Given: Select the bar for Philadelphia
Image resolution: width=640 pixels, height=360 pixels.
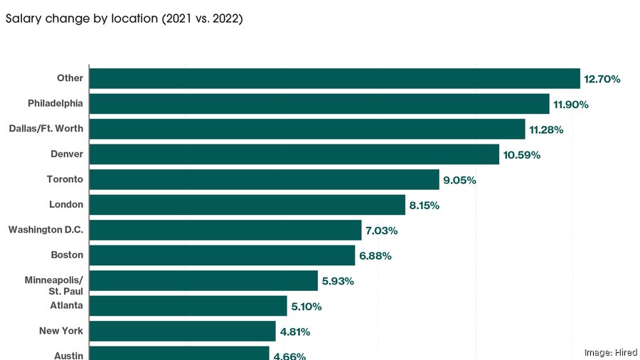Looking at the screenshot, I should coord(319,104).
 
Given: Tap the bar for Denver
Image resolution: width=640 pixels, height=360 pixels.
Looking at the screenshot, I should coord(294,154).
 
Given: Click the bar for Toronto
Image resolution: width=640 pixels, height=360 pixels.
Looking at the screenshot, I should coord(264,179).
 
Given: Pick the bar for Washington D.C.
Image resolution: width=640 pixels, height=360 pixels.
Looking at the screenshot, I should coord(225,230).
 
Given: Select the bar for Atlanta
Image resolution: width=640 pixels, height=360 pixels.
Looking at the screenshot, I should coord(188,306).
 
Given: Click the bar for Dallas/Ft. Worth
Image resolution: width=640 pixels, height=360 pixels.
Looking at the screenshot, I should coord(307,129).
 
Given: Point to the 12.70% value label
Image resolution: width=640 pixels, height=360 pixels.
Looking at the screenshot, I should coord(602,79).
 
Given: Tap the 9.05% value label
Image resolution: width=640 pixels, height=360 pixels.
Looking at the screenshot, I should coord(459,181).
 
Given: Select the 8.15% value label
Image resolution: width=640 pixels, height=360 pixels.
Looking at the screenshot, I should coord(425,206).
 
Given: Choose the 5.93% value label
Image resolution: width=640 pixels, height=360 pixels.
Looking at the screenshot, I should coord(338,281).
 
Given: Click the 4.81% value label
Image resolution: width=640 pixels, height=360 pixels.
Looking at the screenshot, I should coord(295,332).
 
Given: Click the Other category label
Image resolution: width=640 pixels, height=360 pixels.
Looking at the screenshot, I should coord(70,78).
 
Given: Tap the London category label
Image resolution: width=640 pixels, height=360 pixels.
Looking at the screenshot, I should coord(66,205).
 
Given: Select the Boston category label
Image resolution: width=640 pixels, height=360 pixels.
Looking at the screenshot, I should coord(67,255).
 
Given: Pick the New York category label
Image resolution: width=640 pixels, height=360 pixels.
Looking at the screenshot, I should coord(61,331).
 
